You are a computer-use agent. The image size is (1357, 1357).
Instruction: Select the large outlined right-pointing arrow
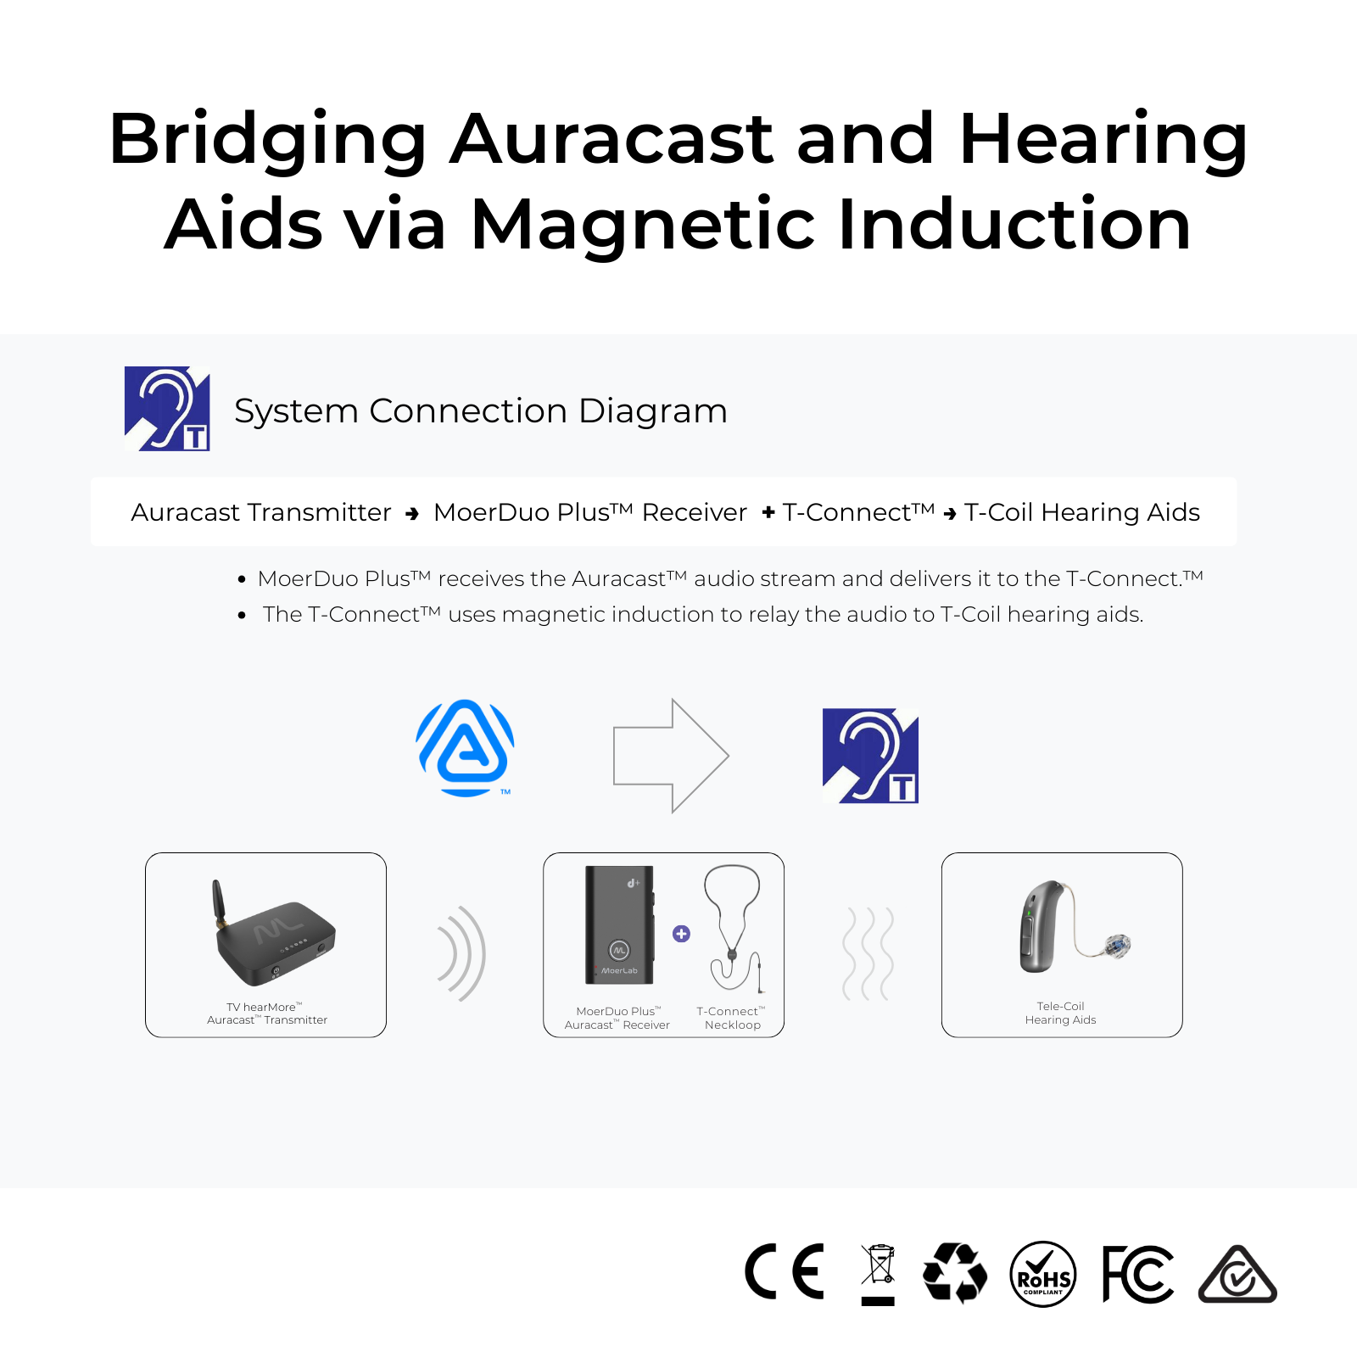(671, 756)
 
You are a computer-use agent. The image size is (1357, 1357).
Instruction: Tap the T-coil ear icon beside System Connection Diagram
(167, 409)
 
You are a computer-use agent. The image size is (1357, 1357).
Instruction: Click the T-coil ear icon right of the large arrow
(870, 756)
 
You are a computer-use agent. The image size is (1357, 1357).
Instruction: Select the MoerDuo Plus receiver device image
(620, 925)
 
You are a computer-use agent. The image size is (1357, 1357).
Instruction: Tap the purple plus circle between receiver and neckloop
(681, 934)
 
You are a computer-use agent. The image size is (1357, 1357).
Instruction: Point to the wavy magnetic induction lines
(868, 953)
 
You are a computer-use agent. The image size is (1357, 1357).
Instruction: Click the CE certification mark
(785, 1272)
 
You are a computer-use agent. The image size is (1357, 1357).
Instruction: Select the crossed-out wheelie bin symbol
(879, 1275)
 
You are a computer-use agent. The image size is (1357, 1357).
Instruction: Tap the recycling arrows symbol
(955, 1272)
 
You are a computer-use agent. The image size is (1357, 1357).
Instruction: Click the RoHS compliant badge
(1043, 1274)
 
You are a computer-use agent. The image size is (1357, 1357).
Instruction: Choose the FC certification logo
(1138, 1274)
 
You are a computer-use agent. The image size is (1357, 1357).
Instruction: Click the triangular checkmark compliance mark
(1237, 1275)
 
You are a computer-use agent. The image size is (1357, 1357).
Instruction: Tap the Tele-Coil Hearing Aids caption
(1060, 1013)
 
